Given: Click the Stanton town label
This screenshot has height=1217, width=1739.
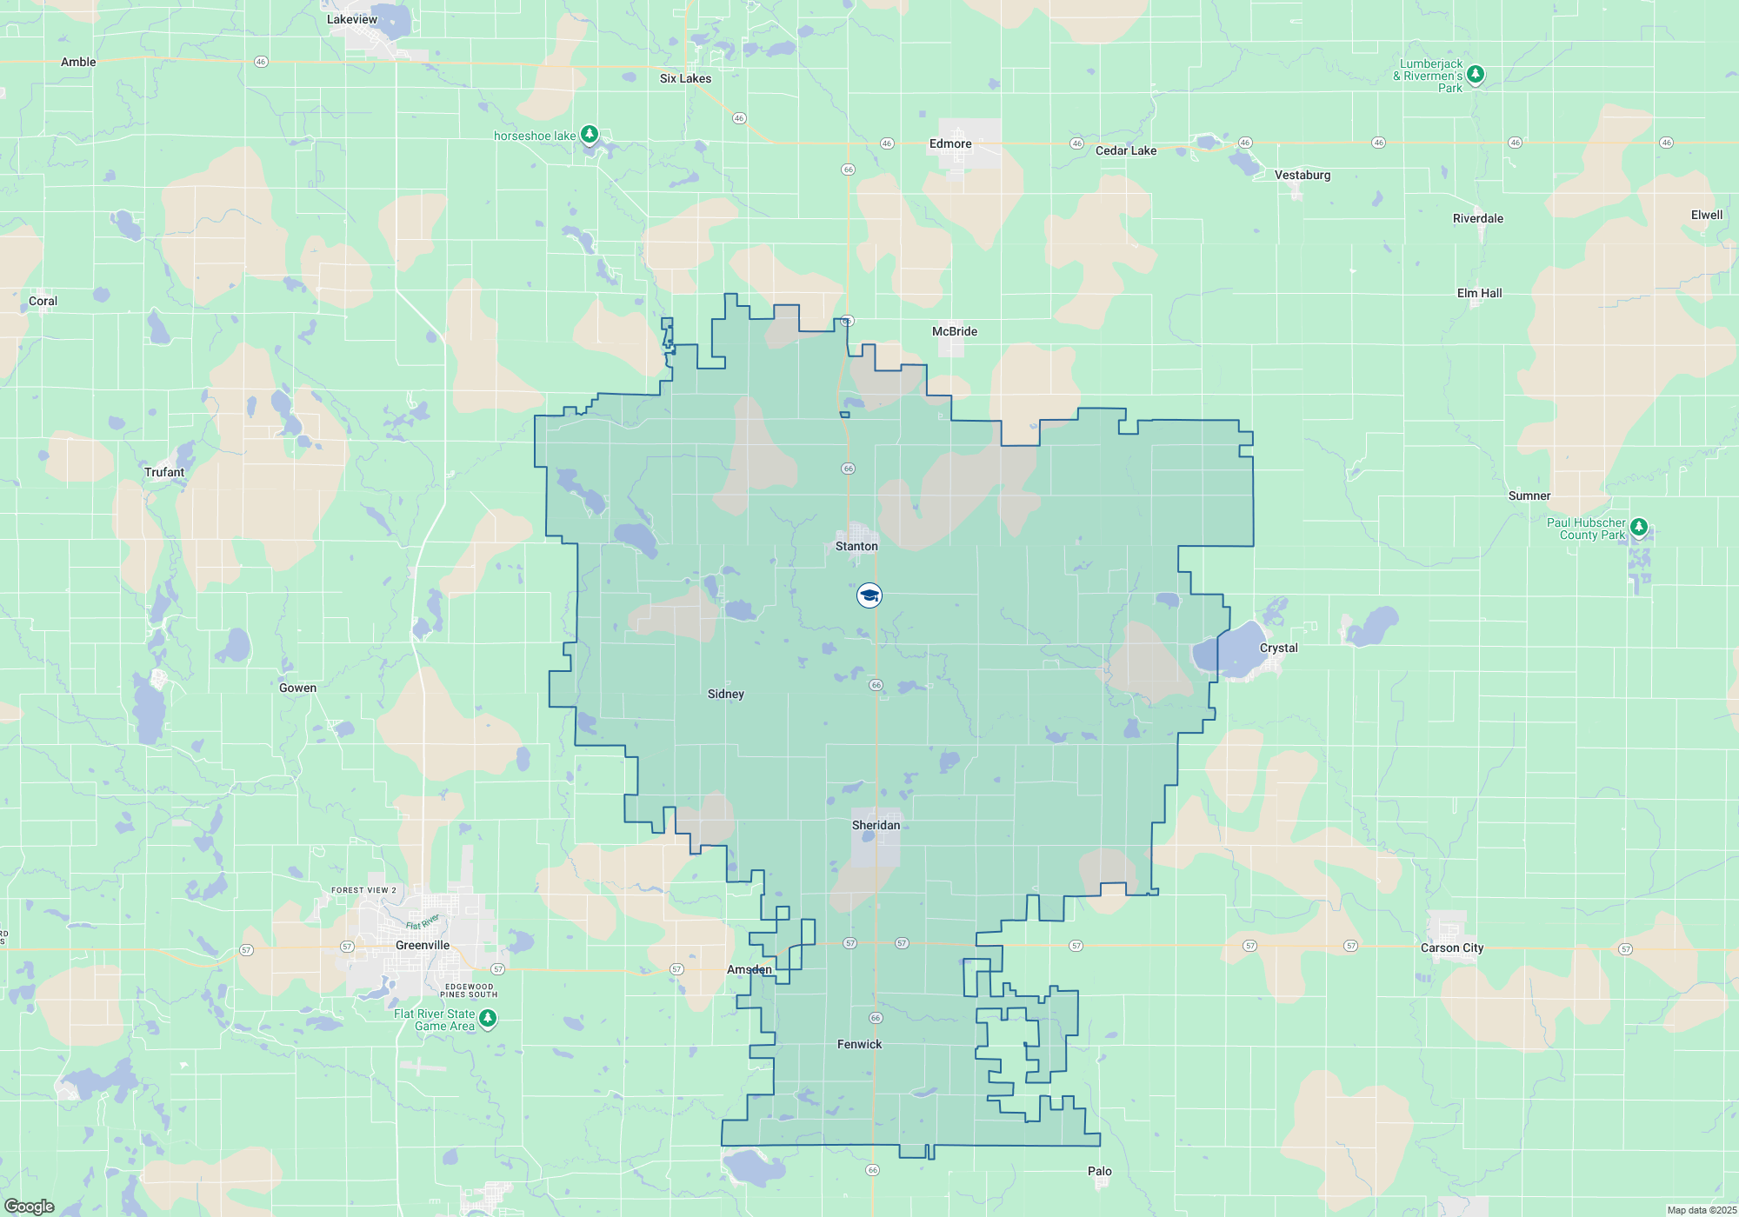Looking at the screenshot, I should click(x=856, y=546).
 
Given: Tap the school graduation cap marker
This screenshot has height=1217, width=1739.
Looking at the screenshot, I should click(x=869, y=595).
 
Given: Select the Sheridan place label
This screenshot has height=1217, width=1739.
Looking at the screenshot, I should click(x=876, y=825).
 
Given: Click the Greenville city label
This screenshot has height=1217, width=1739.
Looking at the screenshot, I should click(x=423, y=945).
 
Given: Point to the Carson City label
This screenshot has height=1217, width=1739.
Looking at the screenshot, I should click(x=1451, y=948).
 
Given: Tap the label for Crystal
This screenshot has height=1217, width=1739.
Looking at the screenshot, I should click(x=1278, y=648).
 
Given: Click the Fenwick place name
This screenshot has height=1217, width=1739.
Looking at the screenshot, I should click(x=859, y=1044).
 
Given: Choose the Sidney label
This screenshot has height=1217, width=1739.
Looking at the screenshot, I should click(x=725, y=694).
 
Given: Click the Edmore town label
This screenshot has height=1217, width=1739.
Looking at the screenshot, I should click(x=950, y=143).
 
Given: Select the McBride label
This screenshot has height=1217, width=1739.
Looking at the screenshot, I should click(x=954, y=331).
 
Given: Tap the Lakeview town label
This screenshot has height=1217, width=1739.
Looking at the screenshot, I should click(x=352, y=19).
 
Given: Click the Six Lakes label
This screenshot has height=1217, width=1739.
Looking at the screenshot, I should click(x=685, y=78).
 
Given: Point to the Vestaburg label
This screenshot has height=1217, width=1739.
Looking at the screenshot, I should click(x=1302, y=175).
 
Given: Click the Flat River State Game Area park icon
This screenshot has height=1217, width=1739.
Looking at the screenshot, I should click(x=488, y=1018).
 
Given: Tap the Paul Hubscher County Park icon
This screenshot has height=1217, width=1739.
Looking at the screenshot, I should click(x=1638, y=527).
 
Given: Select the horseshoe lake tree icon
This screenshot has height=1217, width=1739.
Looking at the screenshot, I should click(x=590, y=134).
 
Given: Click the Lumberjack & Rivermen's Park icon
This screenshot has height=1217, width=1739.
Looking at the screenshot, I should click(x=1475, y=75).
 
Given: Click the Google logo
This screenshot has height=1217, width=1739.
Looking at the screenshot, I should click(x=30, y=1207).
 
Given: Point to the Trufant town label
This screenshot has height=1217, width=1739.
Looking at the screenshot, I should click(x=164, y=472).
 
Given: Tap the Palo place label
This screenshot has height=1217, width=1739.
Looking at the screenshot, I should click(x=1099, y=1171).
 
